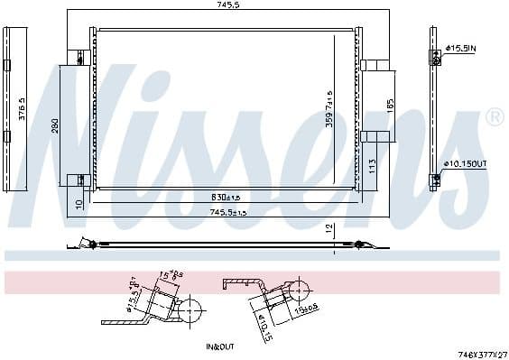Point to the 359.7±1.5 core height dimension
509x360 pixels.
click(330, 107)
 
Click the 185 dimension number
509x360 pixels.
click(390, 104)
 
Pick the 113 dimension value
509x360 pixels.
click(373, 164)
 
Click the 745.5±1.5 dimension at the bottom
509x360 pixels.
click(228, 212)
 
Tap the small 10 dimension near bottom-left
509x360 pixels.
click(79, 205)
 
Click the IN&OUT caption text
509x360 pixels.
click(219, 346)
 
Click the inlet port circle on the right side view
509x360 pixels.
click(435, 56)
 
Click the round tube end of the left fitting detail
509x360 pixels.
click(190, 311)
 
